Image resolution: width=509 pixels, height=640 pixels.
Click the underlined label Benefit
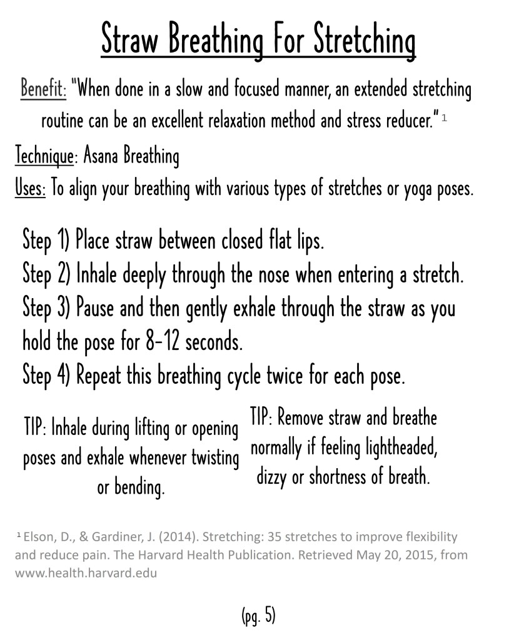pyautogui.click(x=43, y=90)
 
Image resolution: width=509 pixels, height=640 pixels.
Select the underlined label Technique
pyautogui.click(x=43, y=156)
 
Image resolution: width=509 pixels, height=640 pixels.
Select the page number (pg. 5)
pyautogui.click(x=258, y=616)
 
